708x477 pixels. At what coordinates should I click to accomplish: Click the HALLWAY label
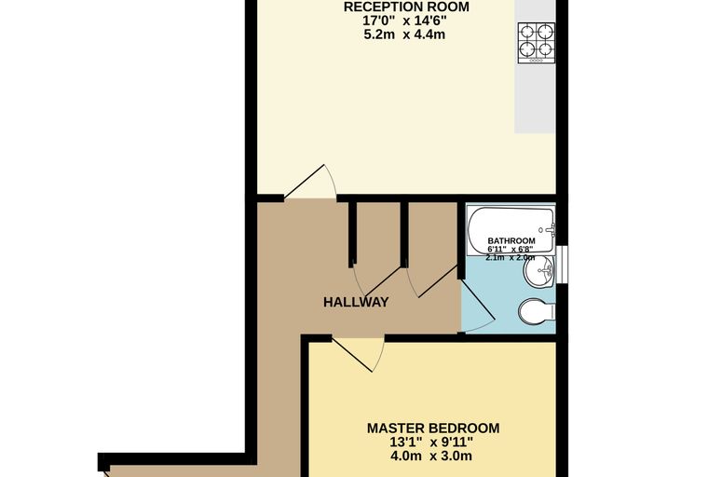point(356,302)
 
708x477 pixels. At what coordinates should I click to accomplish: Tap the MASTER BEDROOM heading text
point(433,428)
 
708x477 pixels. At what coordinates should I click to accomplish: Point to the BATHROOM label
point(511,240)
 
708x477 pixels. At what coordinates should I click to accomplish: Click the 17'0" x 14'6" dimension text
point(404,20)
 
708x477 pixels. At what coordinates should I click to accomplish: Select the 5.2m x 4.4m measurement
point(404,34)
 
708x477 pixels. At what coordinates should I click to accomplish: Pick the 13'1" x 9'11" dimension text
point(432,442)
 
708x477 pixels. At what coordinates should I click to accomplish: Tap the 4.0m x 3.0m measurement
point(432,456)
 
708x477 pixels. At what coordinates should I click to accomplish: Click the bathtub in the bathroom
point(511,230)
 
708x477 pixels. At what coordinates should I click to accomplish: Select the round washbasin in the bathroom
point(539,271)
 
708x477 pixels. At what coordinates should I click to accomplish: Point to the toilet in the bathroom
point(537,311)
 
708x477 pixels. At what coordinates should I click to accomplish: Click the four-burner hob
point(537,43)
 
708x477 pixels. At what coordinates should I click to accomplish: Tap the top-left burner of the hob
point(527,32)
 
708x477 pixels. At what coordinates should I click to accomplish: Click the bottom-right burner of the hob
point(546,48)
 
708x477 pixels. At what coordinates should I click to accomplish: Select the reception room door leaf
point(305,182)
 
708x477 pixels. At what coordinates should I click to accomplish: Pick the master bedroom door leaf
point(352,354)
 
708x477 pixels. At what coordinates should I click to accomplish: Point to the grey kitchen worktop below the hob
point(535,99)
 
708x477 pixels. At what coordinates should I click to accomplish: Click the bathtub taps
point(549,230)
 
